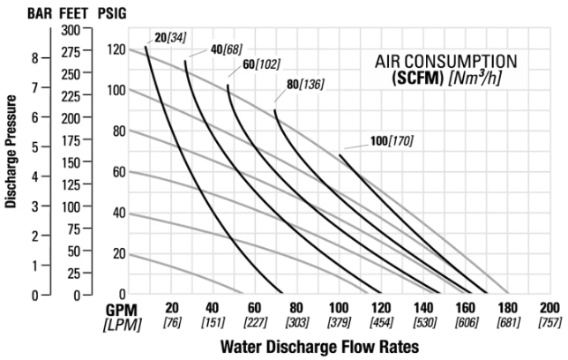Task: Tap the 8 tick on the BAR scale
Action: tap(34, 58)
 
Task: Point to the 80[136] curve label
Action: tap(304, 85)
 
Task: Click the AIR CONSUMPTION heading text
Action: tap(445, 62)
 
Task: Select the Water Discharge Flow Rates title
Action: tap(318, 345)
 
